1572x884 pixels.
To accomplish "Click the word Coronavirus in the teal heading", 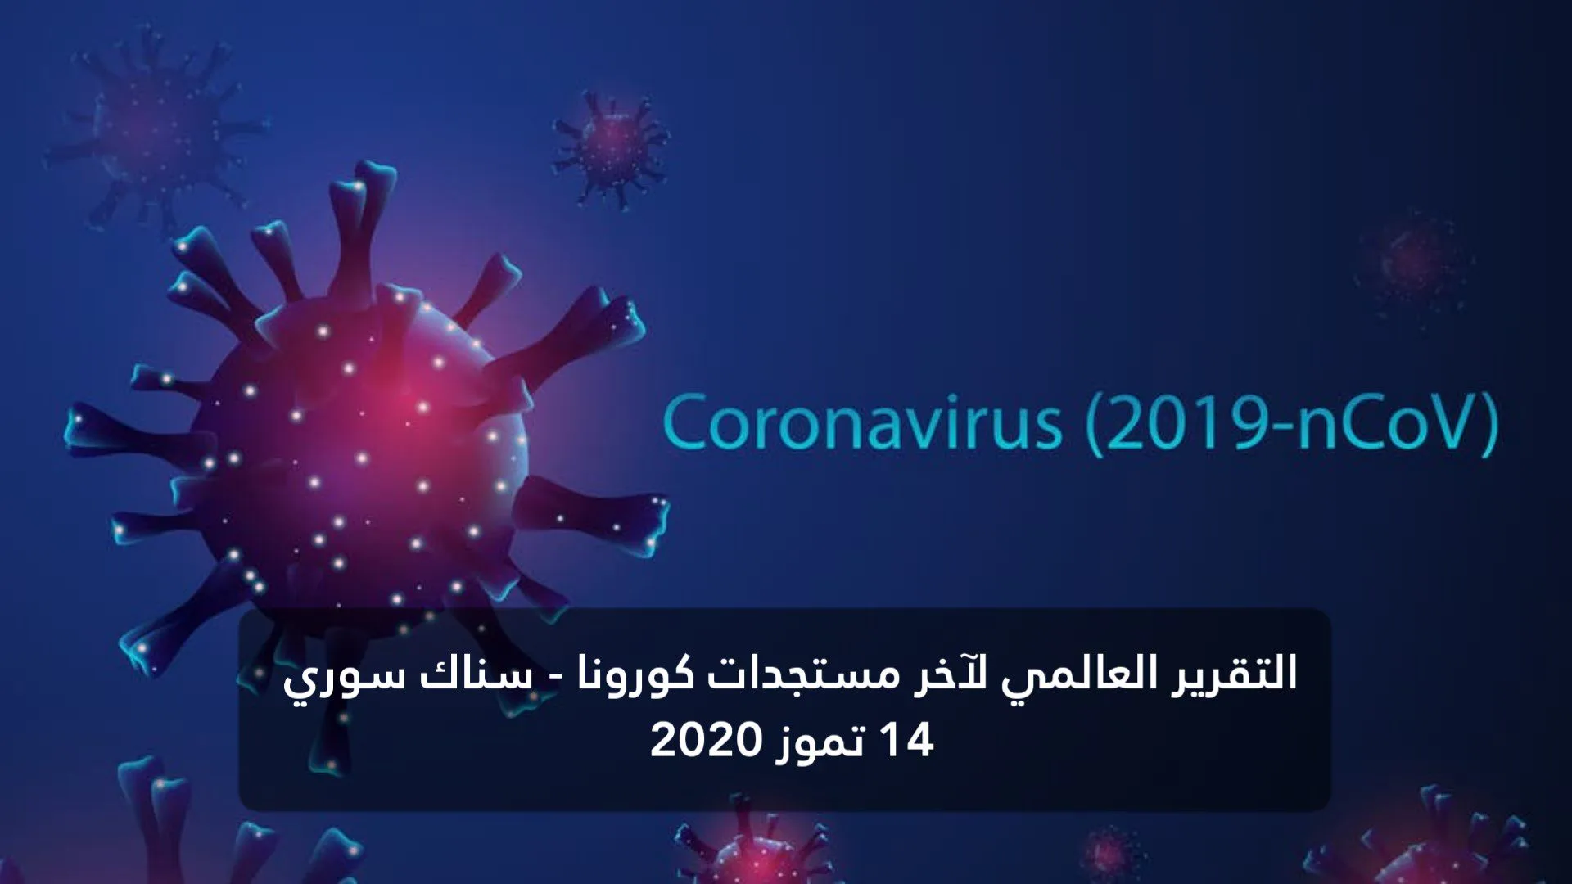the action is tap(862, 423).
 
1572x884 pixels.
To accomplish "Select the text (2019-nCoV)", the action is tap(1293, 423).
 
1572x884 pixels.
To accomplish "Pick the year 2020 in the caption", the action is tap(707, 740).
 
